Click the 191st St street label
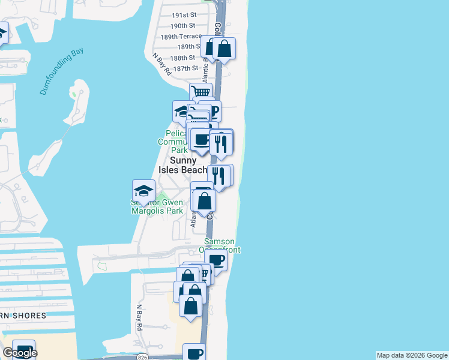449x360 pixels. (x=184, y=14)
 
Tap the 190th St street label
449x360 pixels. (x=182, y=26)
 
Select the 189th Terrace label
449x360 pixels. (x=181, y=36)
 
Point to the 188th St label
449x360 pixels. (x=182, y=58)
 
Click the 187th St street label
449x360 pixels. (x=185, y=68)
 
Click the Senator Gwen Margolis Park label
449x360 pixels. (x=157, y=207)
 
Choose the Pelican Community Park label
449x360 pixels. (x=173, y=142)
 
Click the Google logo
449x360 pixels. (x=19, y=353)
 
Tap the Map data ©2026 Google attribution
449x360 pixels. (x=412, y=355)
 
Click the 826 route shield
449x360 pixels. (x=142, y=357)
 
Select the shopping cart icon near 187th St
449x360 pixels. (x=201, y=92)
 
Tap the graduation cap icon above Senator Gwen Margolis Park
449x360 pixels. (x=143, y=191)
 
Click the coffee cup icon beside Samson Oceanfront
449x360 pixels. (x=216, y=260)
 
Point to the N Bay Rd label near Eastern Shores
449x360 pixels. (x=139, y=318)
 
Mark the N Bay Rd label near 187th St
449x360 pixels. (x=162, y=65)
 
